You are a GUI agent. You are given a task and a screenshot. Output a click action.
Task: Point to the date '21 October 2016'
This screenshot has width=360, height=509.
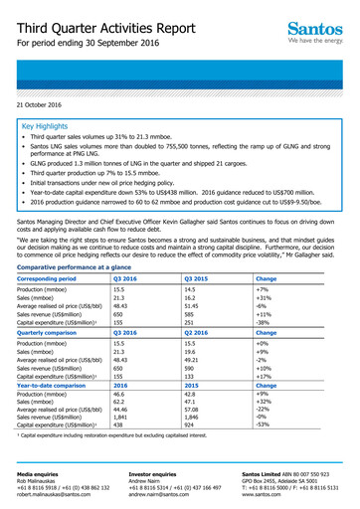tap(45, 104)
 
